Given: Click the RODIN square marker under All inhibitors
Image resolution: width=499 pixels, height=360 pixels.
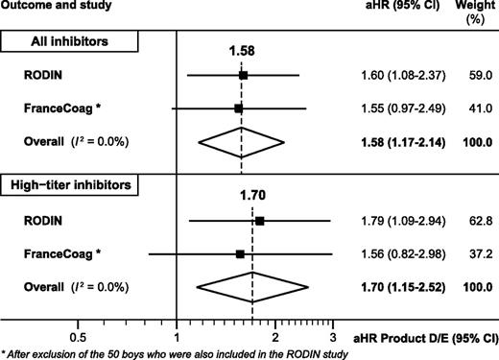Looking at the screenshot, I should click(x=244, y=74).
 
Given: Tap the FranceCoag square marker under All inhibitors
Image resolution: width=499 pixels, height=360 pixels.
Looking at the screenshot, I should click(x=239, y=108).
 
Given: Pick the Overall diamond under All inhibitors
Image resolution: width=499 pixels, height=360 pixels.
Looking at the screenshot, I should click(x=241, y=143).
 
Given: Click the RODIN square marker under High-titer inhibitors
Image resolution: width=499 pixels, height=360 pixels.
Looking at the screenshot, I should click(x=260, y=220).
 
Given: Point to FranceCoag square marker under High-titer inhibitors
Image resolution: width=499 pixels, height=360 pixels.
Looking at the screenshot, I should click(x=240, y=254).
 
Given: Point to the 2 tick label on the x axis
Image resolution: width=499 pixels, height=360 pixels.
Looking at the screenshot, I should click(x=275, y=339).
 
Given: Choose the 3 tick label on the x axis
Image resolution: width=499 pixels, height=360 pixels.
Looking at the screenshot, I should click(x=332, y=339).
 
